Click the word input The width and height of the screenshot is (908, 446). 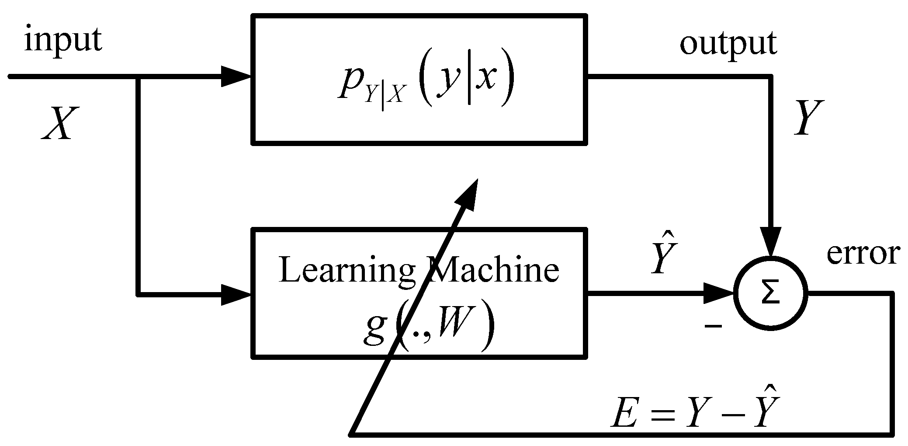tap(63, 40)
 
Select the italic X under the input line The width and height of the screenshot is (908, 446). tap(57, 124)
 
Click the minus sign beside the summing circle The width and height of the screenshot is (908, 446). tap(713, 326)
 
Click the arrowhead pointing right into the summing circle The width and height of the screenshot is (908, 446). tap(719, 294)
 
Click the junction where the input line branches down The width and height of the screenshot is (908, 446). tap(138, 77)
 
